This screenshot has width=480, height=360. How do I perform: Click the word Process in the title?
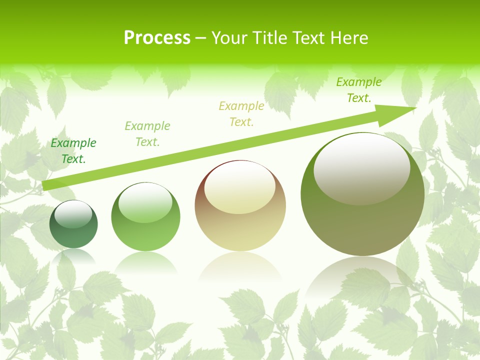(157, 38)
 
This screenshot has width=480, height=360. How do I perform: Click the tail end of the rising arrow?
(46, 185)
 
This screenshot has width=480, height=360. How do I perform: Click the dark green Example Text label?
(73, 151)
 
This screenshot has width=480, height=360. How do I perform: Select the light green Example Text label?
(147, 133)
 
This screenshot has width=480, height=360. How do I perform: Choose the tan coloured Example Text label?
(241, 113)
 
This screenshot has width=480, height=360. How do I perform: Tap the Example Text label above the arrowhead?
(359, 90)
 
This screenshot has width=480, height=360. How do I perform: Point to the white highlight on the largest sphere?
(361, 167)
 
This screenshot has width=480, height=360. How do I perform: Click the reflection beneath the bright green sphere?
(145, 262)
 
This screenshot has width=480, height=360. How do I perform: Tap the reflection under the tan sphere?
(240, 270)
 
